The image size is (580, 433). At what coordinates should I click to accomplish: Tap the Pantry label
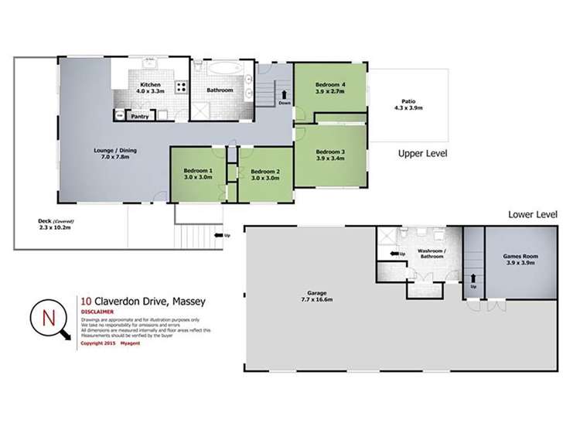(x=140, y=117)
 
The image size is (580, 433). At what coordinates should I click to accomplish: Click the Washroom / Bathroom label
(x=430, y=254)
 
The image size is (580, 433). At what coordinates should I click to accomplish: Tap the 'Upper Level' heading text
(x=422, y=154)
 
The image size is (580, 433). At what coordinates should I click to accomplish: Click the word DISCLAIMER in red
(x=98, y=312)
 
